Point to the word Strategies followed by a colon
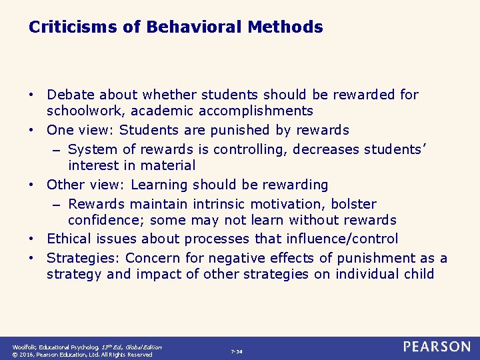click(83, 258)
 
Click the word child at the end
click(418, 274)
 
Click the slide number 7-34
click(237, 351)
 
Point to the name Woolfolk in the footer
click(25, 347)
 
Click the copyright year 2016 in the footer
click(30, 355)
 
